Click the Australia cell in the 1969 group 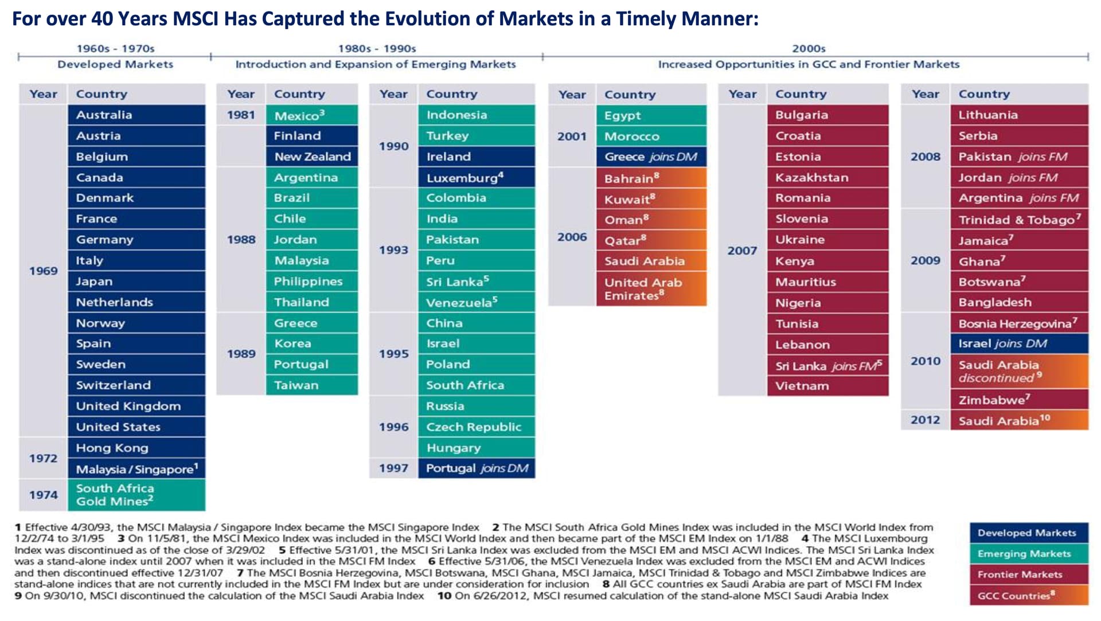136,115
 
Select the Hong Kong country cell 136,448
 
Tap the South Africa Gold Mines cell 136,495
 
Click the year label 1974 44,495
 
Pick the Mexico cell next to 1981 311,115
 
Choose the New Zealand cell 311,157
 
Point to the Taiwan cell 311,385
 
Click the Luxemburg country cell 476,178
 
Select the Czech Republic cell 476,427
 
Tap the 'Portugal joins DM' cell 476,468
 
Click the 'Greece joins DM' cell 651,157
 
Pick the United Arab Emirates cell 651,289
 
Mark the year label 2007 742,251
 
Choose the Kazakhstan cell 827,178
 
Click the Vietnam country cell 827,386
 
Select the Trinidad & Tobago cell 1019,220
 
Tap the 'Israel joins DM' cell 1019,343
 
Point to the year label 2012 925,420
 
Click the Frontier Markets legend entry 1029,575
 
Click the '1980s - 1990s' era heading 377,49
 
